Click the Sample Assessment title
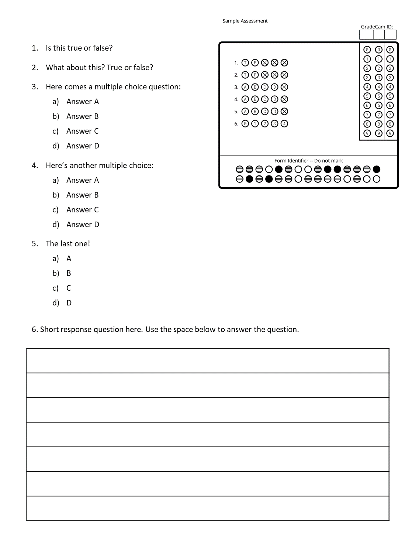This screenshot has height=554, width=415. (245, 21)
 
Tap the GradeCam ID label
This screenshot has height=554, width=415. (377, 27)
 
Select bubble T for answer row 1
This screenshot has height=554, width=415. (245, 63)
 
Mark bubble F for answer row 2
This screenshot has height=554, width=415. (255, 75)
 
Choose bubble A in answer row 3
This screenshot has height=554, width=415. (245, 87)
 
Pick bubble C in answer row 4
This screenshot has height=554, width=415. (264, 99)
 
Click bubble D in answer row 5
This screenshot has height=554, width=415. (274, 112)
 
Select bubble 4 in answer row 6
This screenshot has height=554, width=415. (284, 124)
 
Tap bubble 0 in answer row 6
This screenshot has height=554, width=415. (245, 124)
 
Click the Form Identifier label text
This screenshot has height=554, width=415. (308, 161)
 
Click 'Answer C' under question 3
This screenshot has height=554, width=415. (83, 131)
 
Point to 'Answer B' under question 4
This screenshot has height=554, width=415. (83, 195)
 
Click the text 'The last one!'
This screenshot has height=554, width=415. (68, 244)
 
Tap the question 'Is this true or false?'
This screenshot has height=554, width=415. (79, 48)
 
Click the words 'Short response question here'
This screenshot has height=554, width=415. (91, 329)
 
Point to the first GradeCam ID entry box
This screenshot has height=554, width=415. (366, 35)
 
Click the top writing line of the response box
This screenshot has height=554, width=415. (208, 361)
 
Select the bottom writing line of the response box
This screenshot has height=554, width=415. (208, 508)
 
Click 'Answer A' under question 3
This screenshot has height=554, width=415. (83, 102)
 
